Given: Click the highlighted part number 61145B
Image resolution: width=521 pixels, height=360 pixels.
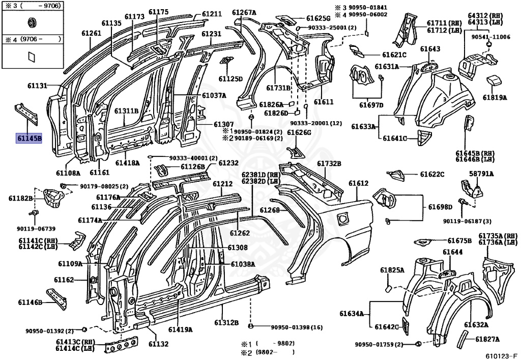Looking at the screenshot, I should point(30,137).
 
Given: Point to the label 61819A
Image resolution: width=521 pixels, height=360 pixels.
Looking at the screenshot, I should point(495,97).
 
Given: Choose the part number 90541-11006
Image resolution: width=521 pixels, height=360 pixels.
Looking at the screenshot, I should point(490,37).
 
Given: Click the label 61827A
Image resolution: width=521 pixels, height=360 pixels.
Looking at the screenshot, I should point(487,339).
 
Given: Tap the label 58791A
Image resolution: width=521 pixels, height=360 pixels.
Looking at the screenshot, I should point(481,174).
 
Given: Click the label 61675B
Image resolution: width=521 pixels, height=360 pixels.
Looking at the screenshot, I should point(459,240).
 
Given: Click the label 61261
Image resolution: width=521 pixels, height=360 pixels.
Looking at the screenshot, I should point(92,33).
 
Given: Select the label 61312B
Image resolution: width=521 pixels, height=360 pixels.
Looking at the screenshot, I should point(226,323).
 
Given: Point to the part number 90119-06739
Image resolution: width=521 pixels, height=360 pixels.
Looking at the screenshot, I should point(30,229).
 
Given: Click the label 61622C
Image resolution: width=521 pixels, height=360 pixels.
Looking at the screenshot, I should point(432,174).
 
